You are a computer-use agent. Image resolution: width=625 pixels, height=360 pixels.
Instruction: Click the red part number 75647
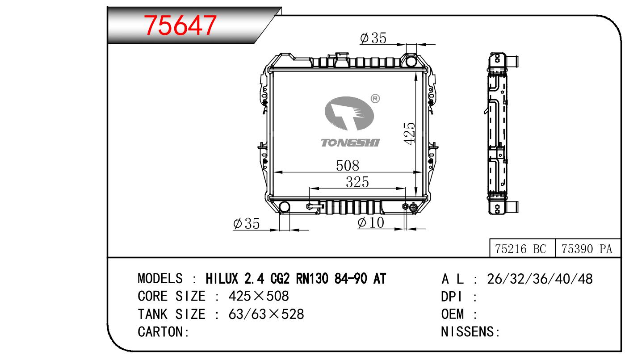click(180, 25)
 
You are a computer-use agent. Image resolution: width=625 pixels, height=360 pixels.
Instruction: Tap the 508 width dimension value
click(348, 166)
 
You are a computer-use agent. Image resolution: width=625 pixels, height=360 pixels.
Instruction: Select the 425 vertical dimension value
click(410, 134)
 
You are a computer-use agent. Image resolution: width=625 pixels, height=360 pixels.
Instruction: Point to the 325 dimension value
click(357, 182)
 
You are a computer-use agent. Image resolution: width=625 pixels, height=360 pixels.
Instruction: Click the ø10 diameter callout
click(371, 222)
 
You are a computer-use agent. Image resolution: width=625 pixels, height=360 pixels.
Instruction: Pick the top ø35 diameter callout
click(373, 38)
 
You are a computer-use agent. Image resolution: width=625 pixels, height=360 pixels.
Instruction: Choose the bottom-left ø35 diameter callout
click(246, 224)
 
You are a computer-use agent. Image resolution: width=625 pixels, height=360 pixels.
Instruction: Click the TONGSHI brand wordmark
click(350, 143)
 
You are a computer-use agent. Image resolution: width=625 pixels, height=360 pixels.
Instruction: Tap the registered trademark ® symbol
click(375, 98)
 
